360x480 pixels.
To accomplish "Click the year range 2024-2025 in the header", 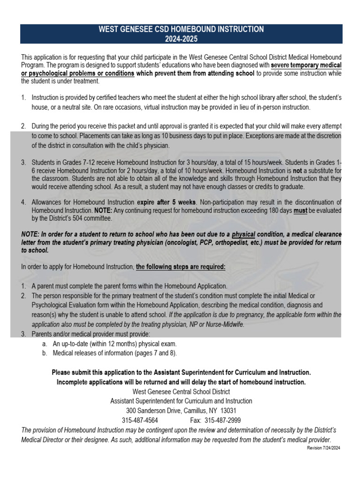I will click(181, 37).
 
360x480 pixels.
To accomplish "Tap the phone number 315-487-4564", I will click(140, 420).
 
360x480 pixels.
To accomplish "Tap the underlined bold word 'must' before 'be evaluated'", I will click(300, 210).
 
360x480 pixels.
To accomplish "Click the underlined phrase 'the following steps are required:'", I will click(180, 267).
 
